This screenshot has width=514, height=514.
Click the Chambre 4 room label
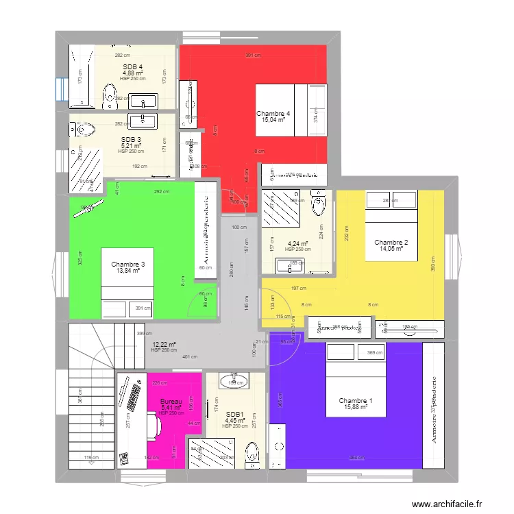[273, 113]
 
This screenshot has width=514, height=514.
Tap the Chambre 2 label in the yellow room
[391, 242]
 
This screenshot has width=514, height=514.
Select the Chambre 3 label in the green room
[128, 265]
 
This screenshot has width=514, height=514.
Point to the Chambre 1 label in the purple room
[356, 401]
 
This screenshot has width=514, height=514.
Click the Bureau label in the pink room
[171, 402]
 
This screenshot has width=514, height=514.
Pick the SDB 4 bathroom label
[132, 66]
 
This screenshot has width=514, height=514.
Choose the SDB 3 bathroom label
[131, 139]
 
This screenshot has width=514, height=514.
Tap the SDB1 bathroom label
[235, 414]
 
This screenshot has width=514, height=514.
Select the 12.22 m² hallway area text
[164, 345]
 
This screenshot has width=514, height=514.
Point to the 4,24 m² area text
[297, 243]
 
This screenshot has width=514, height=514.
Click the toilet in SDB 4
[108, 97]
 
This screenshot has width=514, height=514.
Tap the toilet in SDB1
[252, 452]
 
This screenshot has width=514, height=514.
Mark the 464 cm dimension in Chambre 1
[356, 458]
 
